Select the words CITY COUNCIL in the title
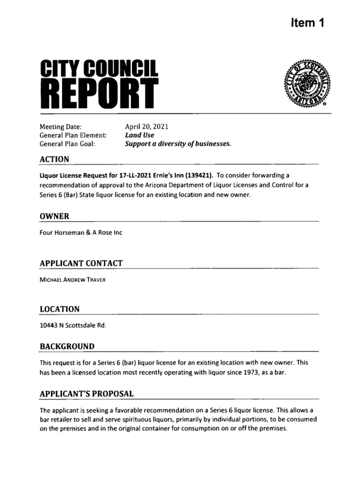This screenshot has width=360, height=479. pos(99,68)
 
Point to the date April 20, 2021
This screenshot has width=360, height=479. pos(146,126)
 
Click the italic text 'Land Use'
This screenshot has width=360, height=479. pos(139,135)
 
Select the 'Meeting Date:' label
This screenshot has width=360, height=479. pos(61,126)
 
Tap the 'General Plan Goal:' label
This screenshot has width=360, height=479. pos(67,144)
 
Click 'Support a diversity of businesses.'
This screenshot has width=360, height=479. pos(178,144)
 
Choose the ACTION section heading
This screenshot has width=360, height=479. pos(54,160)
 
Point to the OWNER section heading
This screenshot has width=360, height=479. pos(54,216)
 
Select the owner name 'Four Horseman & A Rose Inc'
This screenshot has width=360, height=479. pos(80,232)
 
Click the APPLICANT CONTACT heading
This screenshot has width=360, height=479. pos(81,263)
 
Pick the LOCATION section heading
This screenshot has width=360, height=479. pos(59,309)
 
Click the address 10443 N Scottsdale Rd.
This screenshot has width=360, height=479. pos(73,326)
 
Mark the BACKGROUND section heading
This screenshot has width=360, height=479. pos(67,346)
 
